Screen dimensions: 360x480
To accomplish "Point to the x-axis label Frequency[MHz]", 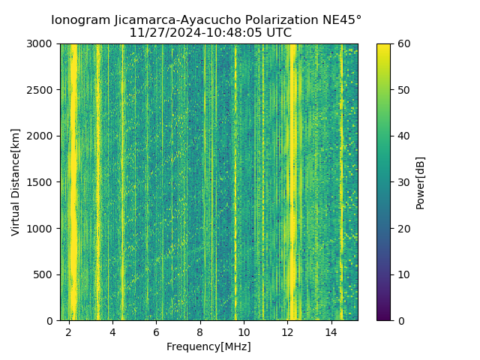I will click(208, 346).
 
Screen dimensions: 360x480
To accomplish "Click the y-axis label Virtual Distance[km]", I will click(16, 181).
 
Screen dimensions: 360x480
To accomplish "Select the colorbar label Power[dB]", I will click(420, 182).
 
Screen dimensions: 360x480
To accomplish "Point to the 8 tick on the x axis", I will click(200, 332).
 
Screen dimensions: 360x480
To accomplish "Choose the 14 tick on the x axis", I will click(331, 332).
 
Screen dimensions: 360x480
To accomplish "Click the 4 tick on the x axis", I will click(112, 332).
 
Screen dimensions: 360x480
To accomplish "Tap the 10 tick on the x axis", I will click(244, 332).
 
